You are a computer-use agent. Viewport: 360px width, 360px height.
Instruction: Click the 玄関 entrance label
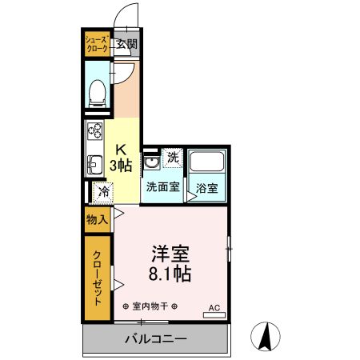pos(126,44)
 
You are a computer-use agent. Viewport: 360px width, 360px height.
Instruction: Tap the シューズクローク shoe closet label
pos(97,44)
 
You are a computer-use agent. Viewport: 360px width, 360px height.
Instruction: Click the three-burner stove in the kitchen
pos(94,132)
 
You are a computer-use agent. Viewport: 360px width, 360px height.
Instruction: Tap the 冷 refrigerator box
pos(102,191)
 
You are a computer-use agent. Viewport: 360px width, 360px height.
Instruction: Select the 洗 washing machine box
pos(173,158)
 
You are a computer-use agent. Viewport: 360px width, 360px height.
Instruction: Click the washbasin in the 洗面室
pos(152,165)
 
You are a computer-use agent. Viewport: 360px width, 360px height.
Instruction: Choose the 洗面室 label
pos(162,188)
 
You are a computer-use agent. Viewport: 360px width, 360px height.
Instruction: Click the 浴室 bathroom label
pos(208,189)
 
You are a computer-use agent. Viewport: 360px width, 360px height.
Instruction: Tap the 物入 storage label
pos(98,218)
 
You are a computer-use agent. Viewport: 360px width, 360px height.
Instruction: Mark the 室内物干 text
pos(150,307)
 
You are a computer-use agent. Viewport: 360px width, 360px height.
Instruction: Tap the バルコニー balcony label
pos(155,338)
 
